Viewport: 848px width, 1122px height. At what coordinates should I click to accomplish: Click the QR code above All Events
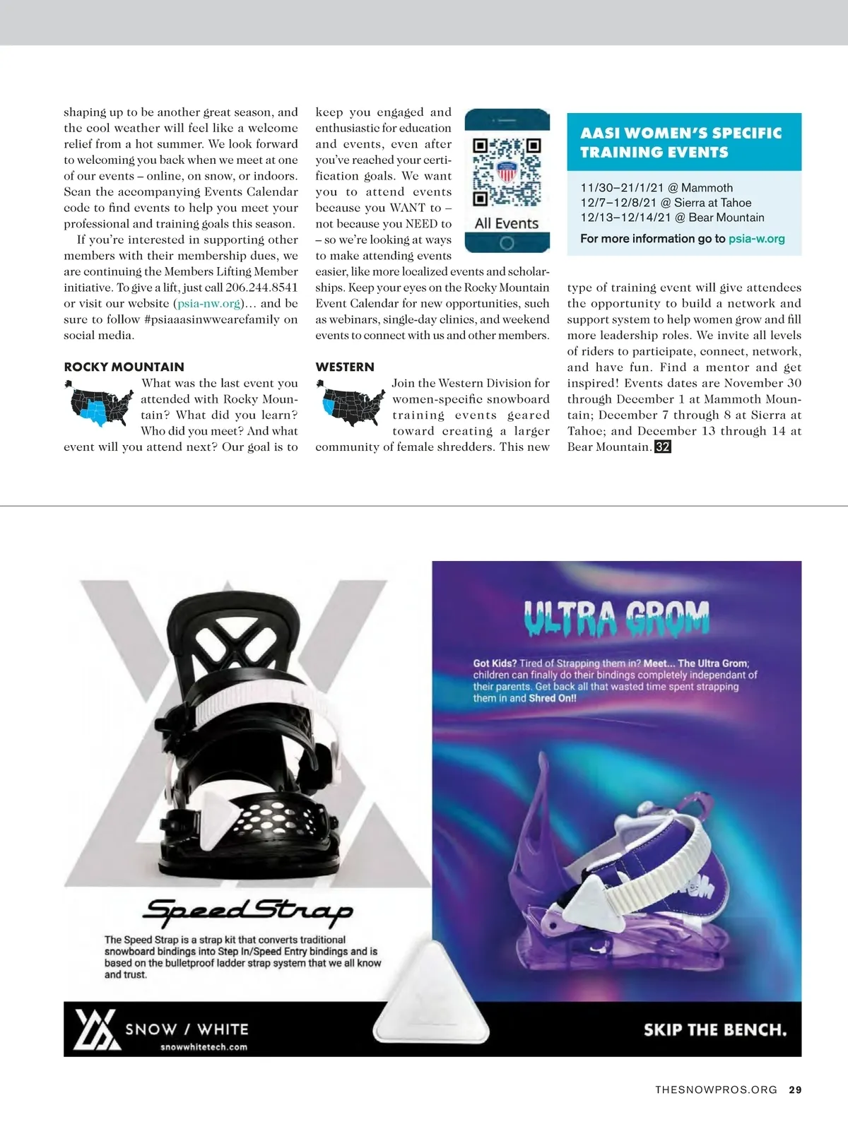click(x=507, y=172)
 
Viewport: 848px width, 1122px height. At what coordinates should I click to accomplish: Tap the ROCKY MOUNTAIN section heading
click(x=124, y=367)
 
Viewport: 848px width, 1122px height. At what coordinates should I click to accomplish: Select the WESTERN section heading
click(x=345, y=367)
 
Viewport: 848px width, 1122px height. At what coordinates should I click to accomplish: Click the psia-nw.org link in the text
click(x=209, y=304)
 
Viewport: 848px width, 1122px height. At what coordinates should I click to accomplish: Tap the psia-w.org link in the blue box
click(x=756, y=239)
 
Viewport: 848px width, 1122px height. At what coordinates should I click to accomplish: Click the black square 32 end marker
click(x=662, y=447)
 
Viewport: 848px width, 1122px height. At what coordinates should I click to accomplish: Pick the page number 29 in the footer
click(x=795, y=1089)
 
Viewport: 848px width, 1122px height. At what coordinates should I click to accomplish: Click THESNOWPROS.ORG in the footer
click(x=716, y=1089)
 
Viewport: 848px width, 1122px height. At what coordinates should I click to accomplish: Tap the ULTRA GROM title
click(x=616, y=618)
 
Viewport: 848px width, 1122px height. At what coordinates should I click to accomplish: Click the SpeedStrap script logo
click(x=247, y=911)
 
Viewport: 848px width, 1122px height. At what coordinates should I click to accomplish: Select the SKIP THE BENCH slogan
click(x=714, y=1030)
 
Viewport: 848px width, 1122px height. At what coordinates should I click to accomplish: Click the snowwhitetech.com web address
click(x=204, y=1047)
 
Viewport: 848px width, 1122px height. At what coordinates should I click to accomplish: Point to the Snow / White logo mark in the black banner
click(x=97, y=1030)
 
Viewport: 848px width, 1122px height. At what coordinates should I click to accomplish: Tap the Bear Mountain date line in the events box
click(x=672, y=218)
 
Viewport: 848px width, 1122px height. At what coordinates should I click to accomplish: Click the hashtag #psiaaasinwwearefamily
click(x=220, y=319)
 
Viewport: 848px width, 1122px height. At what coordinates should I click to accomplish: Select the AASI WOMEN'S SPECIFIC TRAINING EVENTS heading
click(x=681, y=142)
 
